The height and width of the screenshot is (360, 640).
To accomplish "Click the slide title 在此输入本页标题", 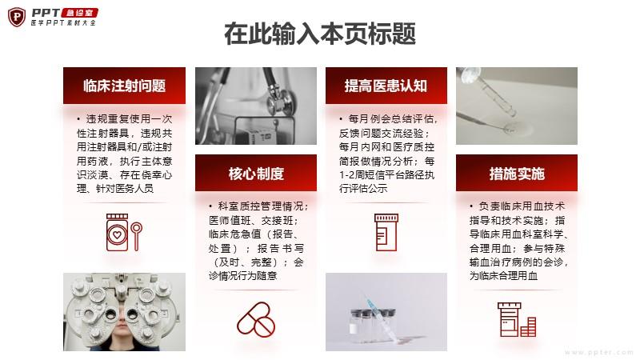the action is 320,34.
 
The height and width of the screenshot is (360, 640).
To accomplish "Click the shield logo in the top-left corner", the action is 17,17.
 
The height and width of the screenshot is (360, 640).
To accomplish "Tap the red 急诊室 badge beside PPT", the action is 79,13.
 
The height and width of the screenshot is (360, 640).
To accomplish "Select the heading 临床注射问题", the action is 124,86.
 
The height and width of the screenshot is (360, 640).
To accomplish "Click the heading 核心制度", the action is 256,174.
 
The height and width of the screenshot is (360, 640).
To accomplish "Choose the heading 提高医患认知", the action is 386,86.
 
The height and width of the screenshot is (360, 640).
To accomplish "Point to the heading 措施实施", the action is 517,174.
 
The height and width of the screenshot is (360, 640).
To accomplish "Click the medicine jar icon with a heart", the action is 117,232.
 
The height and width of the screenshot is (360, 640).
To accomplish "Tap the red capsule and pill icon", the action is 256,319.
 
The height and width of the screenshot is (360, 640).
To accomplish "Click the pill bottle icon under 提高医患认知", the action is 386,232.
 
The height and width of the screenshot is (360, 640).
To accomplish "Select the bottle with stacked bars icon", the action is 517,319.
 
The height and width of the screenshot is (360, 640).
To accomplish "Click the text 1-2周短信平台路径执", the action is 386,174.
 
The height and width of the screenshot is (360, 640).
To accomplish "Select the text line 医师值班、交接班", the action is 253,221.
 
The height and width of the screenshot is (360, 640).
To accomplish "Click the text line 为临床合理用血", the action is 503,275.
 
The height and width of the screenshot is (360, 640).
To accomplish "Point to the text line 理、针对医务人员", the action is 114,188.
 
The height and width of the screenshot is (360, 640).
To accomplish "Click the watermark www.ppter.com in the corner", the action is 598,352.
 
